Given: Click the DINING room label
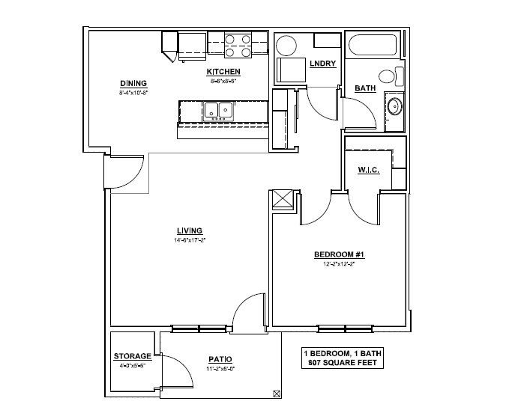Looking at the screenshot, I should point(133,83).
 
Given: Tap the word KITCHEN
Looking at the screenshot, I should point(223,73).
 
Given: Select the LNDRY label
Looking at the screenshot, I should point(322,64).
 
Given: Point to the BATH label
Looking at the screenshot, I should point(365,88).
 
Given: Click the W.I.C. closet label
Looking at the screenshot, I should point(369,170).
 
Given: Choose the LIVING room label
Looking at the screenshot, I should point(187,230).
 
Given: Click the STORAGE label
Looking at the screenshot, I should point(133,356).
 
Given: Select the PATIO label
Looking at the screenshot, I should point(220,358).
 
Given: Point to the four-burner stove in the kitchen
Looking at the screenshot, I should point(238,45).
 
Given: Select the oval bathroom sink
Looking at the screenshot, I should point(394,105).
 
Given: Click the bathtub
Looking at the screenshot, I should point(376,47).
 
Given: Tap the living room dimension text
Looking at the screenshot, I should point(187,240).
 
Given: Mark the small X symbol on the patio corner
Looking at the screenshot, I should point(277,394).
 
